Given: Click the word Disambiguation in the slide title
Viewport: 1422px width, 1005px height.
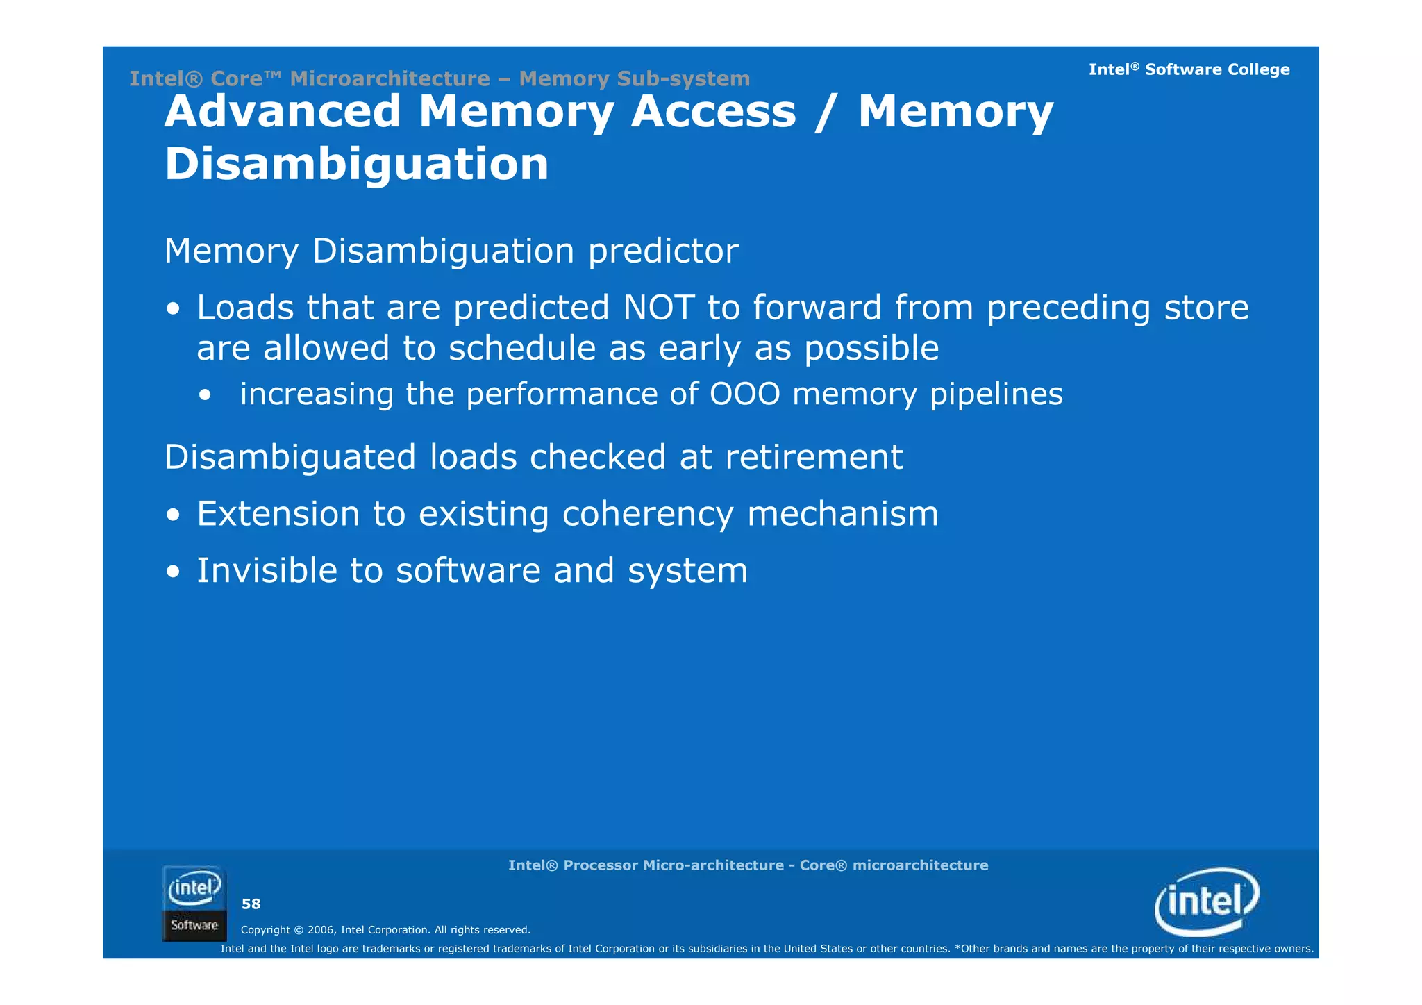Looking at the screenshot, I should tap(356, 165).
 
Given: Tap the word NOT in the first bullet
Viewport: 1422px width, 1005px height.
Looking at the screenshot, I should tap(658, 308).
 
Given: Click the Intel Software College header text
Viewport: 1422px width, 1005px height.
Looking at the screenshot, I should tap(1189, 69).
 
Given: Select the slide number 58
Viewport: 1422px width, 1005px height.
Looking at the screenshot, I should tap(251, 904).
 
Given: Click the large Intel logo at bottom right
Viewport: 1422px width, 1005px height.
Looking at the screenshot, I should tap(1206, 902).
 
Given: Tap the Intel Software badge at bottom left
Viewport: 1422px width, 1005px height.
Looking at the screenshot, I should tap(194, 903).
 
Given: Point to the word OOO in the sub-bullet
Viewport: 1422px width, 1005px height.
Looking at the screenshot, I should tap(744, 394).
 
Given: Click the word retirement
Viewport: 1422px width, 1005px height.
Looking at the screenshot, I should tap(813, 457).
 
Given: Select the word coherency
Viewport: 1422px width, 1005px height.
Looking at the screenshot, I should tap(647, 514).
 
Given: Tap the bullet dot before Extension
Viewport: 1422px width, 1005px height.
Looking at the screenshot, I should tap(173, 516).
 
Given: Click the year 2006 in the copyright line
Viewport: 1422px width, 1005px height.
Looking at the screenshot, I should tap(321, 930).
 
